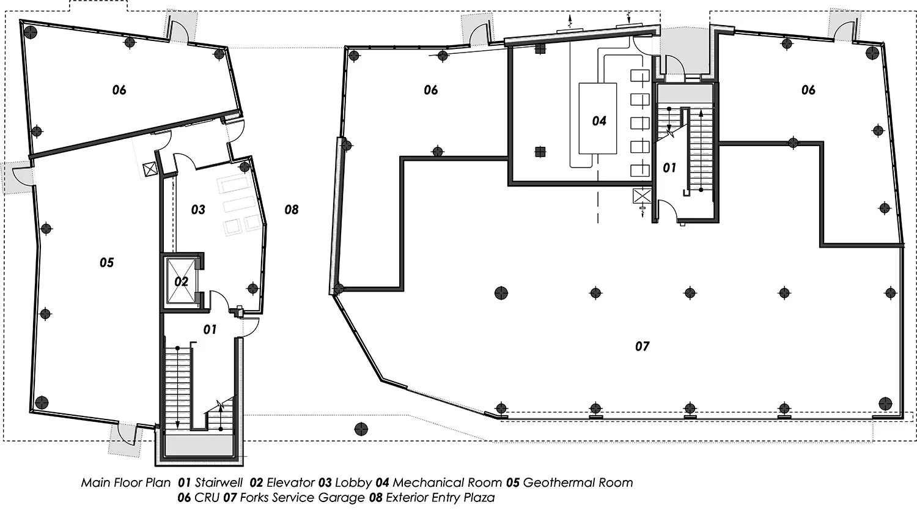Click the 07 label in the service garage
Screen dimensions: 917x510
click(642, 347)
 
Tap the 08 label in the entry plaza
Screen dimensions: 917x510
click(292, 210)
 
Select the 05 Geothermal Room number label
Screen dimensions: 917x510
click(107, 262)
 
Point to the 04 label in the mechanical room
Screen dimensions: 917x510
click(599, 121)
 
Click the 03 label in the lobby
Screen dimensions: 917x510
click(198, 210)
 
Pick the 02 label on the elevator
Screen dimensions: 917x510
click(182, 281)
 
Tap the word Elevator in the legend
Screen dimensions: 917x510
click(290, 482)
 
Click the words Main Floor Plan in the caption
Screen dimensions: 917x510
click(126, 482)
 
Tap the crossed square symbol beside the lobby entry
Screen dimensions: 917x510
click(150, 169)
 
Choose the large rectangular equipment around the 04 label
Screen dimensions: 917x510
click(597, 119)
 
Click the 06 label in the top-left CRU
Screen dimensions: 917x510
click(119, 90)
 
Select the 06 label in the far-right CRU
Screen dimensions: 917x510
click(808, 90)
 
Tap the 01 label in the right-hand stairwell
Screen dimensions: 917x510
click(669, 168)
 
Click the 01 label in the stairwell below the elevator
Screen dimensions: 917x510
click(210, 330)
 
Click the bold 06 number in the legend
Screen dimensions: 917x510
click(184, 498)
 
